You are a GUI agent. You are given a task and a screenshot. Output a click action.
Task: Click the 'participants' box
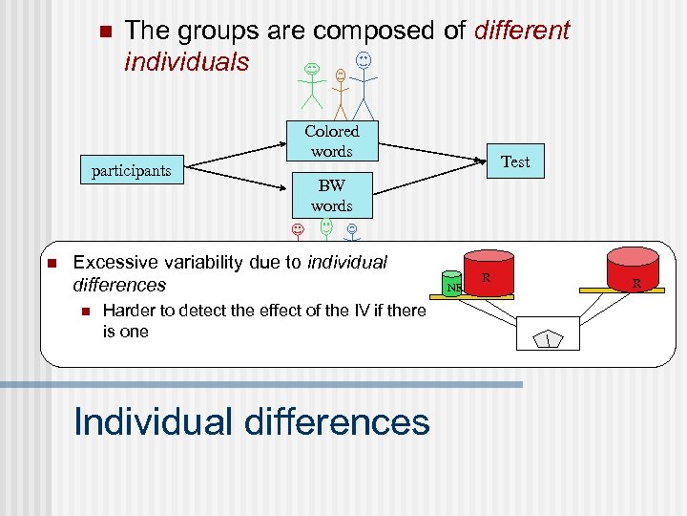point(131,171)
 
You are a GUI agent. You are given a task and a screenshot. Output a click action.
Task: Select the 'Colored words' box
point(331,141)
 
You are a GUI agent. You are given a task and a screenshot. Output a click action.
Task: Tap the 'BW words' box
point(331,195)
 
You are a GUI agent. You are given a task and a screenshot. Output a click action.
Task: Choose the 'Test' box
point(515,161)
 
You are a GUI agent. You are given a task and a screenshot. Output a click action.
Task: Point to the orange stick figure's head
point(341,75)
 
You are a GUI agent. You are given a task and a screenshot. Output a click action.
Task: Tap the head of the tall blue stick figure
point(364,60)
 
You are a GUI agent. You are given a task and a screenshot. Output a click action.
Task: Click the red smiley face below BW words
point(298,230)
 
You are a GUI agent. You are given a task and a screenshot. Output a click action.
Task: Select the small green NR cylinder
point(455,284)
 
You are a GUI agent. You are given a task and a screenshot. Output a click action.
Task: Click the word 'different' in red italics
point(521,31)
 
